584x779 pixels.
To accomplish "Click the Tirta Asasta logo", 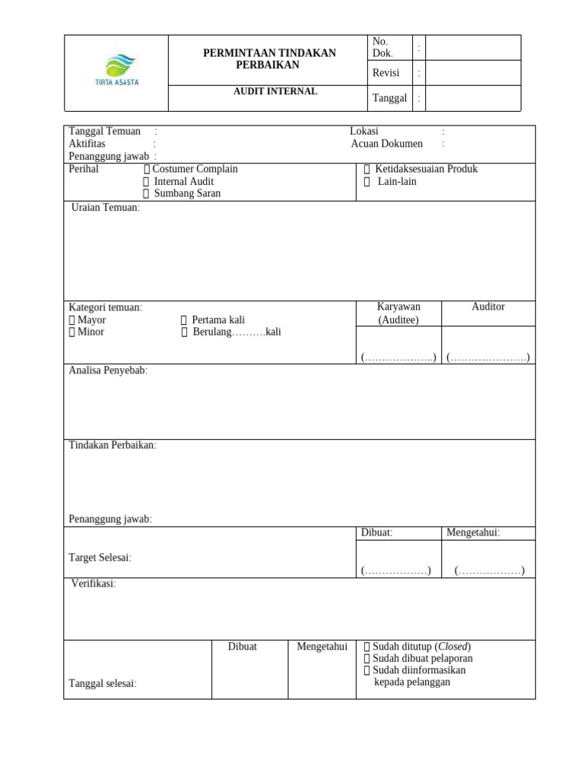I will pos(116,70).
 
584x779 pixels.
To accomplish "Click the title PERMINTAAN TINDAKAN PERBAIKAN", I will pos(268,59).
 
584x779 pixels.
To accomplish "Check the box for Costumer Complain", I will pos(147,169).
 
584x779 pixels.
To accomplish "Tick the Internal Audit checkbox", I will pos(147,182).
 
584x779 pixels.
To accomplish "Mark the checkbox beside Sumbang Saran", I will pos(147,194).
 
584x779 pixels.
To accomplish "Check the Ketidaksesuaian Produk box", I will pos(367,169).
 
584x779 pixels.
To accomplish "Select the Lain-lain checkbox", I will pos(367,182).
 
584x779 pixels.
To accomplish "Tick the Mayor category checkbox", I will pos(72,320).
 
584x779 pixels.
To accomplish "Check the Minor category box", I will pos(72,332).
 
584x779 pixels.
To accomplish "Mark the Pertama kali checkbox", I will pos(184,320).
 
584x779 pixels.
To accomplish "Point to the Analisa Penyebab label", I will pos(108,370).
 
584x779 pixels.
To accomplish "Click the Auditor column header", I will pos(488,307).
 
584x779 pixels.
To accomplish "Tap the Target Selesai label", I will pos(100,558).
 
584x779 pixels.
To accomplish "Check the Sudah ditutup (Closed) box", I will pos(367,647).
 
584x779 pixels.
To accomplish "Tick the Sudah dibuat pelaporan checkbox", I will pos(367,659).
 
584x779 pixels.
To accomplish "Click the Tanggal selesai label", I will pos(103,683).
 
